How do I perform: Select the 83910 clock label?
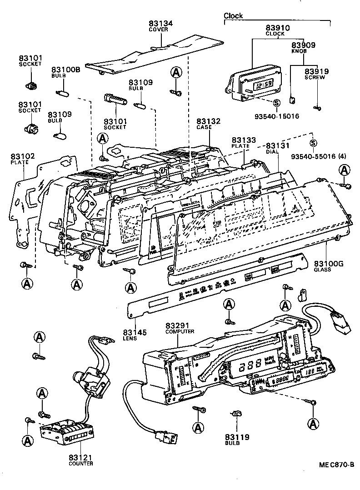click(x=275, y=28)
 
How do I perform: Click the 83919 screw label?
click(x=316, y=72)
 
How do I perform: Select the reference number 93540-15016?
click(x=277, y=116)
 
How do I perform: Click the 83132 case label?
click(x=209, y=121)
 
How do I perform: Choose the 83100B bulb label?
click(x=65, y=70)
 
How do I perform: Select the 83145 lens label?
click(x=135, y=333)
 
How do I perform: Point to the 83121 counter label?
click(x=80, y=457)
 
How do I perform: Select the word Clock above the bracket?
click(x=233, y=16)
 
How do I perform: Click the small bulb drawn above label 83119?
click(x=235, y=414)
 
